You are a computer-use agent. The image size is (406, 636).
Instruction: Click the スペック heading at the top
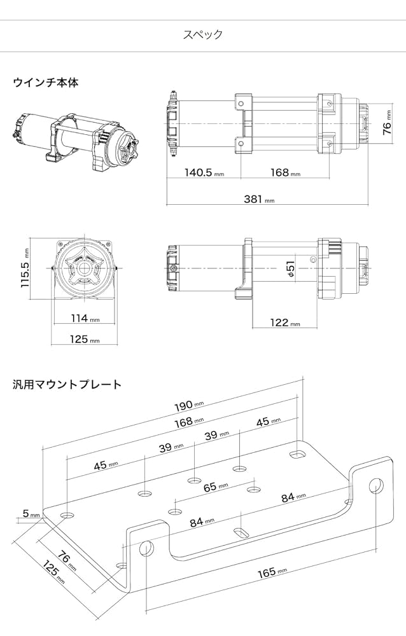202,34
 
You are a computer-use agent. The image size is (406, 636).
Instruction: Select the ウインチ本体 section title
45,83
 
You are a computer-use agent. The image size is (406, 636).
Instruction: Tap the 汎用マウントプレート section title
67,384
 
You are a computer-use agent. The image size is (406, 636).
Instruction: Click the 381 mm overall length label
258,199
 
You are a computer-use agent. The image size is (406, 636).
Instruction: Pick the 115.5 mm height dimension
26,268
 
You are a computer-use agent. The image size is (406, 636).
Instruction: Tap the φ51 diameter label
290,269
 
